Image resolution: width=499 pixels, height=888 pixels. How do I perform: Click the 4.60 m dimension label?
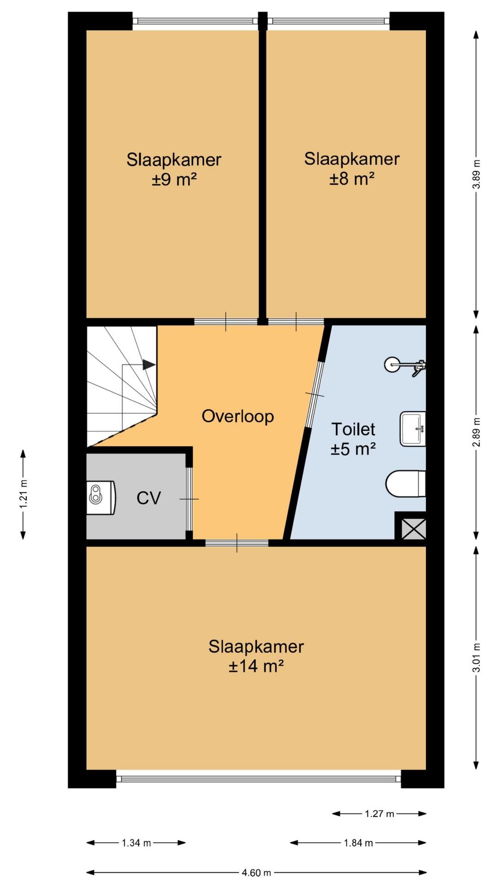[256, 873]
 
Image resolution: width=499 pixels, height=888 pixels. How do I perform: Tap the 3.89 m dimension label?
[477, 174]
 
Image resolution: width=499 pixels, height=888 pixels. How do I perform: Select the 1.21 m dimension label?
[23, 493]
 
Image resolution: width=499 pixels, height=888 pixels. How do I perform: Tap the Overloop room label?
[238, 416]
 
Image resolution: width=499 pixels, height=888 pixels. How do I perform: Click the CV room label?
[149, 498]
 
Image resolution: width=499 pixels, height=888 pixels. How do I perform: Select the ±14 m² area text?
[256, 666]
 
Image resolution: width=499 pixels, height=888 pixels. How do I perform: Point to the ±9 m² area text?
[174, 179]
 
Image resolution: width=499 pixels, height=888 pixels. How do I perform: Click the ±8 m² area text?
[352, 179]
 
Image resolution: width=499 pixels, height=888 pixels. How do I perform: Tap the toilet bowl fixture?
[406, 484]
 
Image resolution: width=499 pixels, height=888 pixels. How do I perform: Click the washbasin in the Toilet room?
[413, 429]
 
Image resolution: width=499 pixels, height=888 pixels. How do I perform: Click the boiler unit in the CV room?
[101, 498]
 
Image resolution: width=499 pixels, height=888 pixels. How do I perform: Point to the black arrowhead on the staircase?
[149, 364]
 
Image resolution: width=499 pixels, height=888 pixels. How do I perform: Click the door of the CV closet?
[189, 499]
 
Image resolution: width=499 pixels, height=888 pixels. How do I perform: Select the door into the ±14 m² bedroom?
[237, 543]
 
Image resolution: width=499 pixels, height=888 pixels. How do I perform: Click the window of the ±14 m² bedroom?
[259, 778]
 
